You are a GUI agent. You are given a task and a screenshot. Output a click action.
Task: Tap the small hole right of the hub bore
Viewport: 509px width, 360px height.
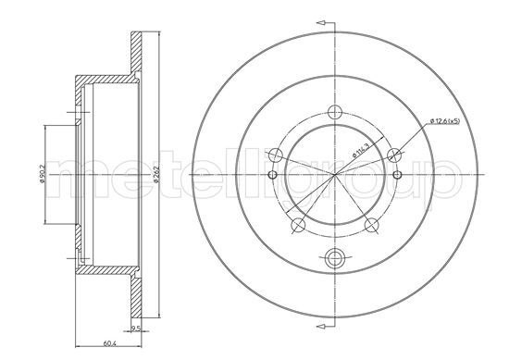pos(396,175)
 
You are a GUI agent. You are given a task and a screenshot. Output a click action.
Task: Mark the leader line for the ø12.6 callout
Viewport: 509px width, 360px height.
pos(412,137)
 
